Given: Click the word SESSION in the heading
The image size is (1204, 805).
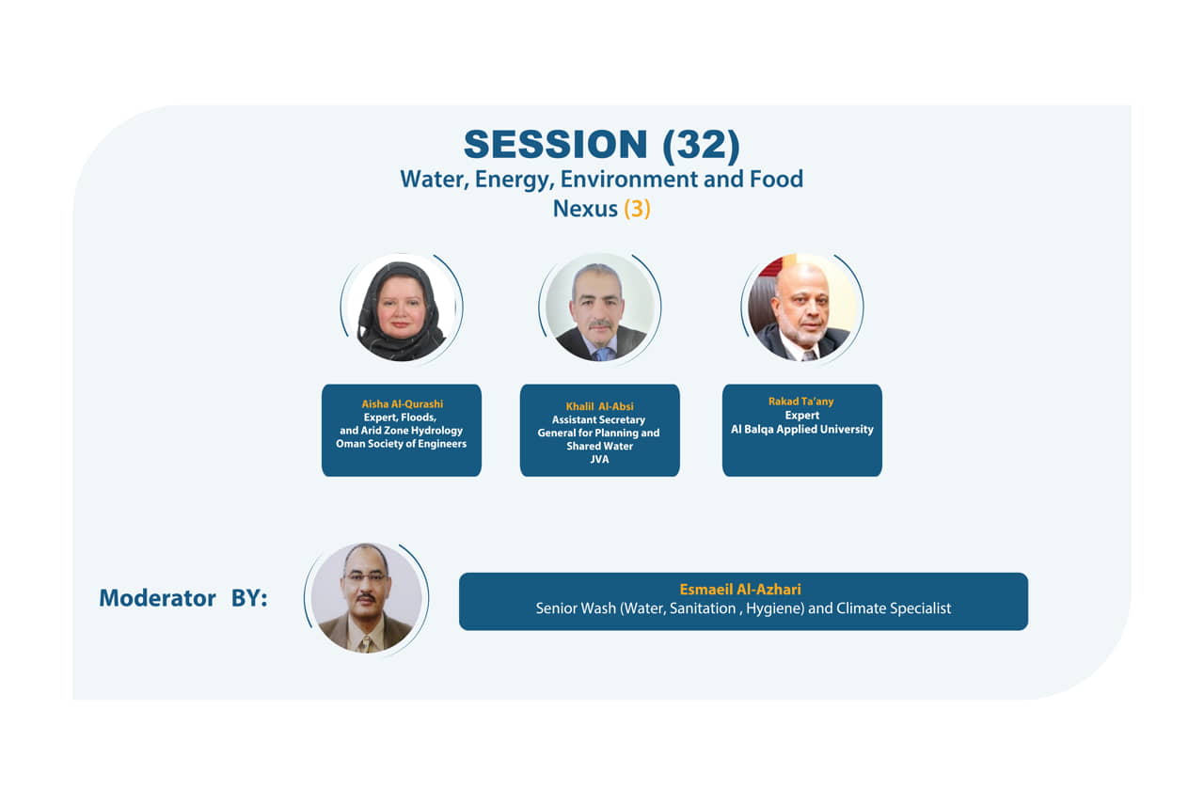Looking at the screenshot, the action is point(555,145).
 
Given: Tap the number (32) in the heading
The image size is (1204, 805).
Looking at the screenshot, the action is point(702,145).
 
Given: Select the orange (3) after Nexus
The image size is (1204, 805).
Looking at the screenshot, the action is point(637,209).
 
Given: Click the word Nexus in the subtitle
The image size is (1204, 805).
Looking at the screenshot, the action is point(585,209).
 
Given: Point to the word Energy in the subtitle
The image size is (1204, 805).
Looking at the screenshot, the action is point(514,180).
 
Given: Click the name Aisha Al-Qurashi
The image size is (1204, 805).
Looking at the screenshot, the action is point(402,404).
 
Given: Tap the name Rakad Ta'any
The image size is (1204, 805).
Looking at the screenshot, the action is point(800,402).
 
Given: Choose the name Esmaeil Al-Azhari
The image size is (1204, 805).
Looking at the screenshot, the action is point(740,590).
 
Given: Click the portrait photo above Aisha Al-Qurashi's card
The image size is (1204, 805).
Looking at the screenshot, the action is point(402,308).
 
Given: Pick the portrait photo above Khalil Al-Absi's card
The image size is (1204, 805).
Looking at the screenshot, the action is point(600,307).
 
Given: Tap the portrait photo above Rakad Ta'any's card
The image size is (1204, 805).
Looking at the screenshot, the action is point(802,308).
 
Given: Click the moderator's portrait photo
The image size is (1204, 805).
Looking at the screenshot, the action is point(366,598).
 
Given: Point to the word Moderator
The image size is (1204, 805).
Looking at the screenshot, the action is point(157,598).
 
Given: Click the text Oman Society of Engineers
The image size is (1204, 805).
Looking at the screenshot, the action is point(401,444).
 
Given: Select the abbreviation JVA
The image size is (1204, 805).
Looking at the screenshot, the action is point(599,459).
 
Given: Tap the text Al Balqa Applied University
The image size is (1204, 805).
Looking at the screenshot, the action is point(802,430).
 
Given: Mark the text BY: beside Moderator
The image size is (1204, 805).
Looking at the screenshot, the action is point(249,598).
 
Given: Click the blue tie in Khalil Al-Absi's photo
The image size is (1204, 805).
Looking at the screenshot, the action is point(604,354).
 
